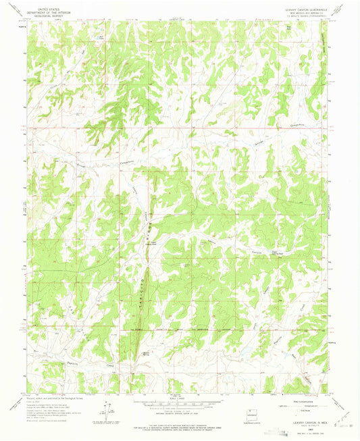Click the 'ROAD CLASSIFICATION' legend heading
pos(305,399)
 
